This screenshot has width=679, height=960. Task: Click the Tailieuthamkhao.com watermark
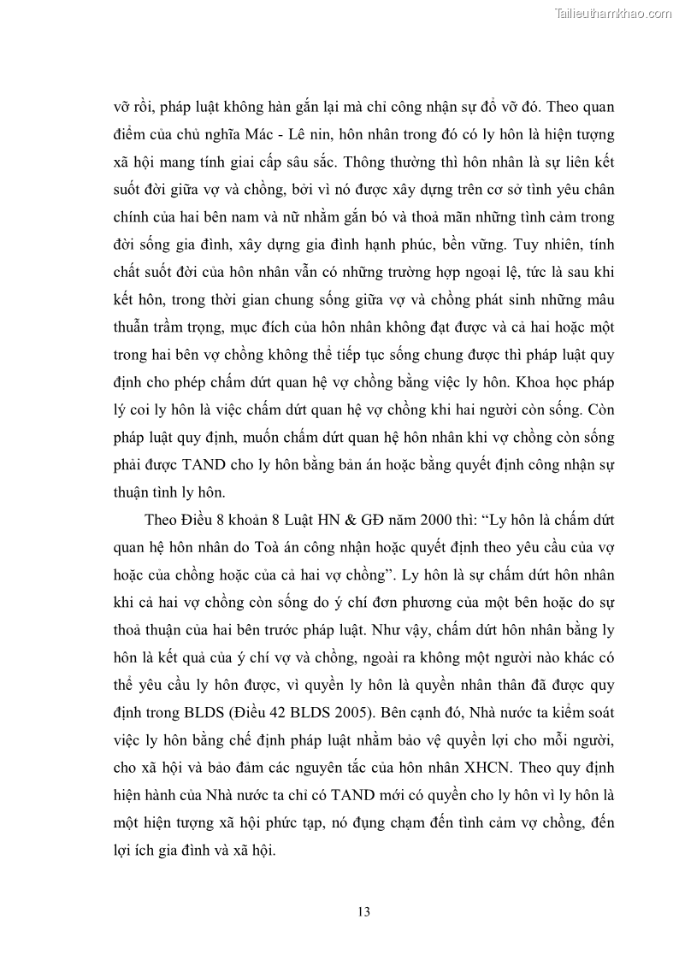(614, 13)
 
